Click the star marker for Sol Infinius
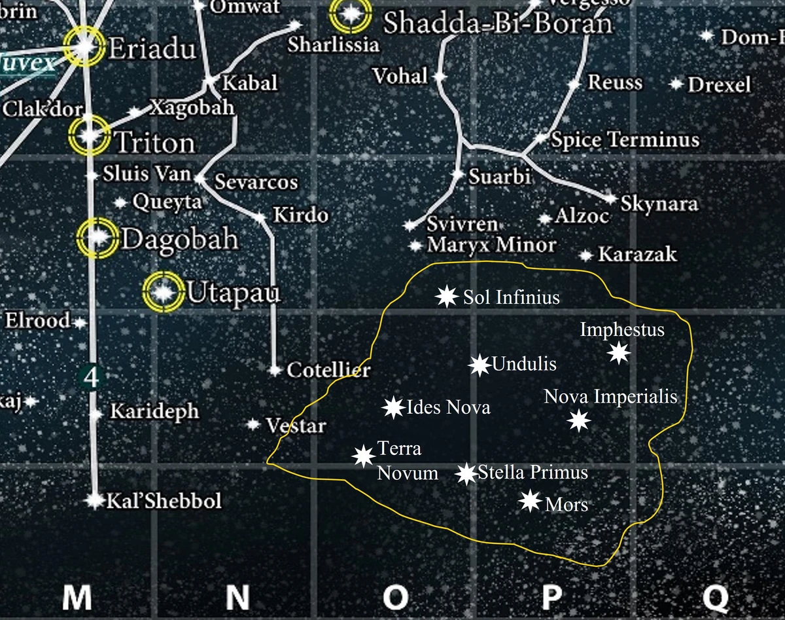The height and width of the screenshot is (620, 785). (446, 297)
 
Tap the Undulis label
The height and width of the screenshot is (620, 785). (524, 363)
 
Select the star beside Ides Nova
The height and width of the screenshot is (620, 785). (393, 408)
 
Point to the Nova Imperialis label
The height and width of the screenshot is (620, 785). (610, 397)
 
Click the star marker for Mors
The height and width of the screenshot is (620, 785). (529, 501)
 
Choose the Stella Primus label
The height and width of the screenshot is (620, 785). (533, 472)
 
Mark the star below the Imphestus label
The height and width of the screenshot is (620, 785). (619, 354)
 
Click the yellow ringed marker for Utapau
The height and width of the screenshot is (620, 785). (162, 292)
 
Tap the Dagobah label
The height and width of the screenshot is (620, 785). (180, 240)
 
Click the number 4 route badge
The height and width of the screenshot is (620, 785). (91, 377)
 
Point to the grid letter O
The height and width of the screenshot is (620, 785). (395, 597)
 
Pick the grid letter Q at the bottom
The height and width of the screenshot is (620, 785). (716, 597)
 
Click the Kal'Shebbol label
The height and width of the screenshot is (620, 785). (164, 501)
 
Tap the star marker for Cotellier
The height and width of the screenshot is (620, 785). (275, 371)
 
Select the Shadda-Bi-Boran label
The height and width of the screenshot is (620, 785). (497, 24)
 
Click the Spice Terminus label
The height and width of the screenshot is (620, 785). (625, 139)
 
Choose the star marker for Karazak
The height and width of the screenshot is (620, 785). (586, 255)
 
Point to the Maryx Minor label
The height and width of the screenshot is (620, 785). (491, 246)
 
